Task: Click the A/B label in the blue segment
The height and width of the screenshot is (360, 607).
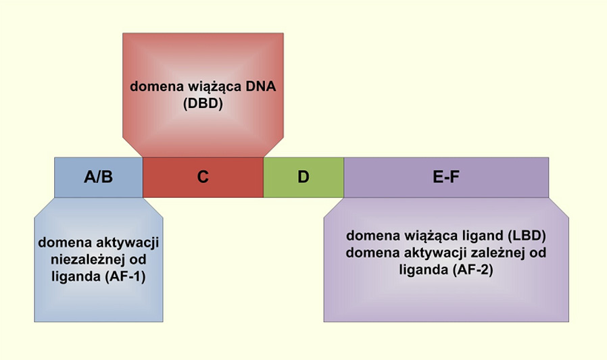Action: [98, 177]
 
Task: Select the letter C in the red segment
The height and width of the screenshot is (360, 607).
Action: [203, 177]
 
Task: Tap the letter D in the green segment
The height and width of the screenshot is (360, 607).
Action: [303, 177]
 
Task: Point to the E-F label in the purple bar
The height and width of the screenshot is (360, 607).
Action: [446, 177]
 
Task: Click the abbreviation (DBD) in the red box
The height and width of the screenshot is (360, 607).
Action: [203, 103]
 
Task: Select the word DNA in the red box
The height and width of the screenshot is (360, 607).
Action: [261, 86]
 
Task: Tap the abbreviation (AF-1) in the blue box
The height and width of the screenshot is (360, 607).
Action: [125, 276]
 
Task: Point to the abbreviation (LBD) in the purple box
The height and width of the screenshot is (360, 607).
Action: [527, 236]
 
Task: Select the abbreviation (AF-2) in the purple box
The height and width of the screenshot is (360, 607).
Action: [472, 269]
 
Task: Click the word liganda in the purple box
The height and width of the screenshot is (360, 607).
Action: [424, 270]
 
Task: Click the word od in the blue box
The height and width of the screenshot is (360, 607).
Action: [138, 259]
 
